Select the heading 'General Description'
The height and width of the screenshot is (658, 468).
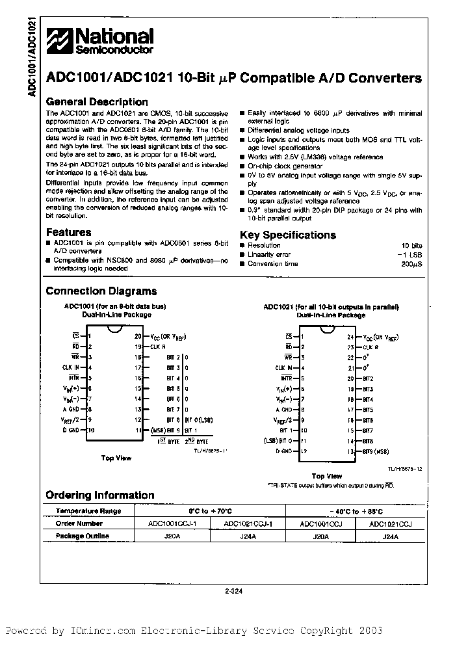97,102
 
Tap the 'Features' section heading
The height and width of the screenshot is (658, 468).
68,232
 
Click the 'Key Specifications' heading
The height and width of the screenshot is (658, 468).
287,235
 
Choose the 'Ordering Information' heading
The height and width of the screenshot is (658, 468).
99,495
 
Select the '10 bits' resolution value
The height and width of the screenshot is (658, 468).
411,245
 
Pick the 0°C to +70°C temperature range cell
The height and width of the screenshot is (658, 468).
209,510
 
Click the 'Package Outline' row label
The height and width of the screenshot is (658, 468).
82,536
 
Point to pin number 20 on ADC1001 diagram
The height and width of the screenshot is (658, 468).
137,337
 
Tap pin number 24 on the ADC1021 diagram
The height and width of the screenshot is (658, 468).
350,337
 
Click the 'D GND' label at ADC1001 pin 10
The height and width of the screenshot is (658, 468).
71,430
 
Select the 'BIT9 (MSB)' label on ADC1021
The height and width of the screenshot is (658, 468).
377,451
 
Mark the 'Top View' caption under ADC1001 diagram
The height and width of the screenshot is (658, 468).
116,458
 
